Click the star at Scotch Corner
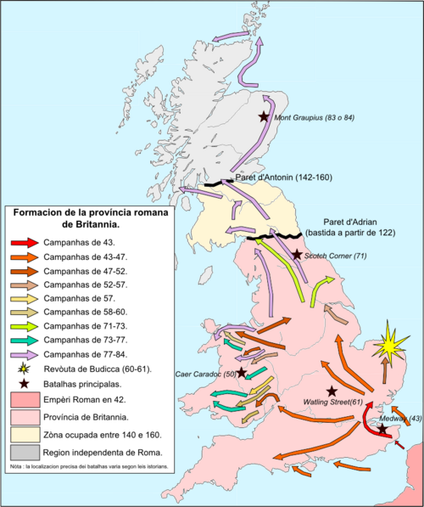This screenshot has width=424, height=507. click(x=297, y=254)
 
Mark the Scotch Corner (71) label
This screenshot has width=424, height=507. click(x=337, y=255)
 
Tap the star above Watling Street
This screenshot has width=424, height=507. click(x=332, y=391)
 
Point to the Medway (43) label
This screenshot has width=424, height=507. click(x=404, y=419)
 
